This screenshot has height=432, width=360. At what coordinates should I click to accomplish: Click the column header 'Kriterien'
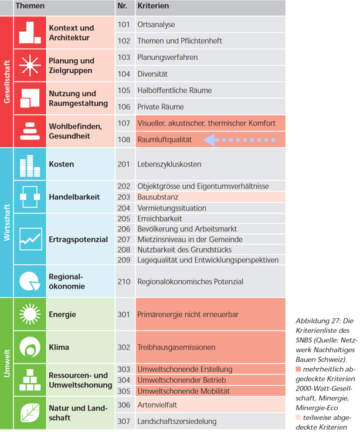pos(153,6)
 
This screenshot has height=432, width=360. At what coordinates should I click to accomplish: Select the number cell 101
pos(123,25)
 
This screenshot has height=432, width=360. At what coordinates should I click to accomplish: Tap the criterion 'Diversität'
pos(152,74)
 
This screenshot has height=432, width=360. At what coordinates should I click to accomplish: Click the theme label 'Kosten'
pos(62,164)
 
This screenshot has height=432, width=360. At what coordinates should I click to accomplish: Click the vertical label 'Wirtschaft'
pos(6,222)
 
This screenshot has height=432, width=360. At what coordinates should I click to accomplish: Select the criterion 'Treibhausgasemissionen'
pos(176,347)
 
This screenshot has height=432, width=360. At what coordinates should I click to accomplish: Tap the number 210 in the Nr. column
pos(123,281)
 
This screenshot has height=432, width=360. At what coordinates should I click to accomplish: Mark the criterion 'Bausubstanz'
pos(158,197)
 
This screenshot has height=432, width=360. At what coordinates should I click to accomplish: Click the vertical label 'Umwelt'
pos(6,363)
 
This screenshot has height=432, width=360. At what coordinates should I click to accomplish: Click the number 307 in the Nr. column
pos(123,421)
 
